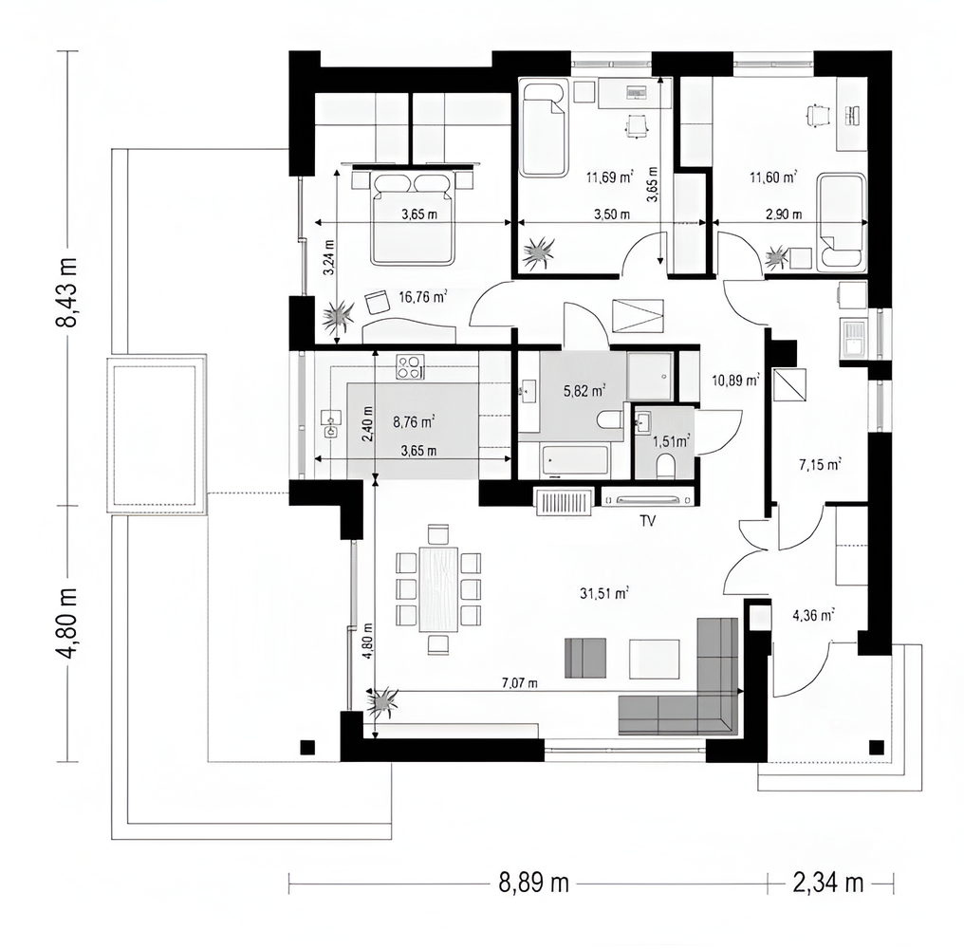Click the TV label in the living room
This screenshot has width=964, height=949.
coord(647,521)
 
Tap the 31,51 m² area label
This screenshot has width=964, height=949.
coord(604,593)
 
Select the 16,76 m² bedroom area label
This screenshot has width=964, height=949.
coord(422,298)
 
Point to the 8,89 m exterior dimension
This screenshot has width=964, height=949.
coord(533,883)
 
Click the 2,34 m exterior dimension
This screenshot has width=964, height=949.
coord(827,883)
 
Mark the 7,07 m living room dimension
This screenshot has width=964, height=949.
coord(520,682)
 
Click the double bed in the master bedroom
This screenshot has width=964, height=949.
coord(413,217)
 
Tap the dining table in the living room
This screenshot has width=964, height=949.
coord(438,589)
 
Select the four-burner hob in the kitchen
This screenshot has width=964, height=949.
coord(410,367)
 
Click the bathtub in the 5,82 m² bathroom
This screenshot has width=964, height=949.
coord(575,460)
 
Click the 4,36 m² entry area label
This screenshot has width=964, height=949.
coord(813,614)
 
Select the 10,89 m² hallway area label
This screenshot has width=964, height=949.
coord(735,381)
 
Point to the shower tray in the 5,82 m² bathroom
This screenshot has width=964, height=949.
coord(650,376)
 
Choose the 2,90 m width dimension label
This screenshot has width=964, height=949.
coord(784,214)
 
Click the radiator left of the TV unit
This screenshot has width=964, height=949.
coord(565,501)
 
